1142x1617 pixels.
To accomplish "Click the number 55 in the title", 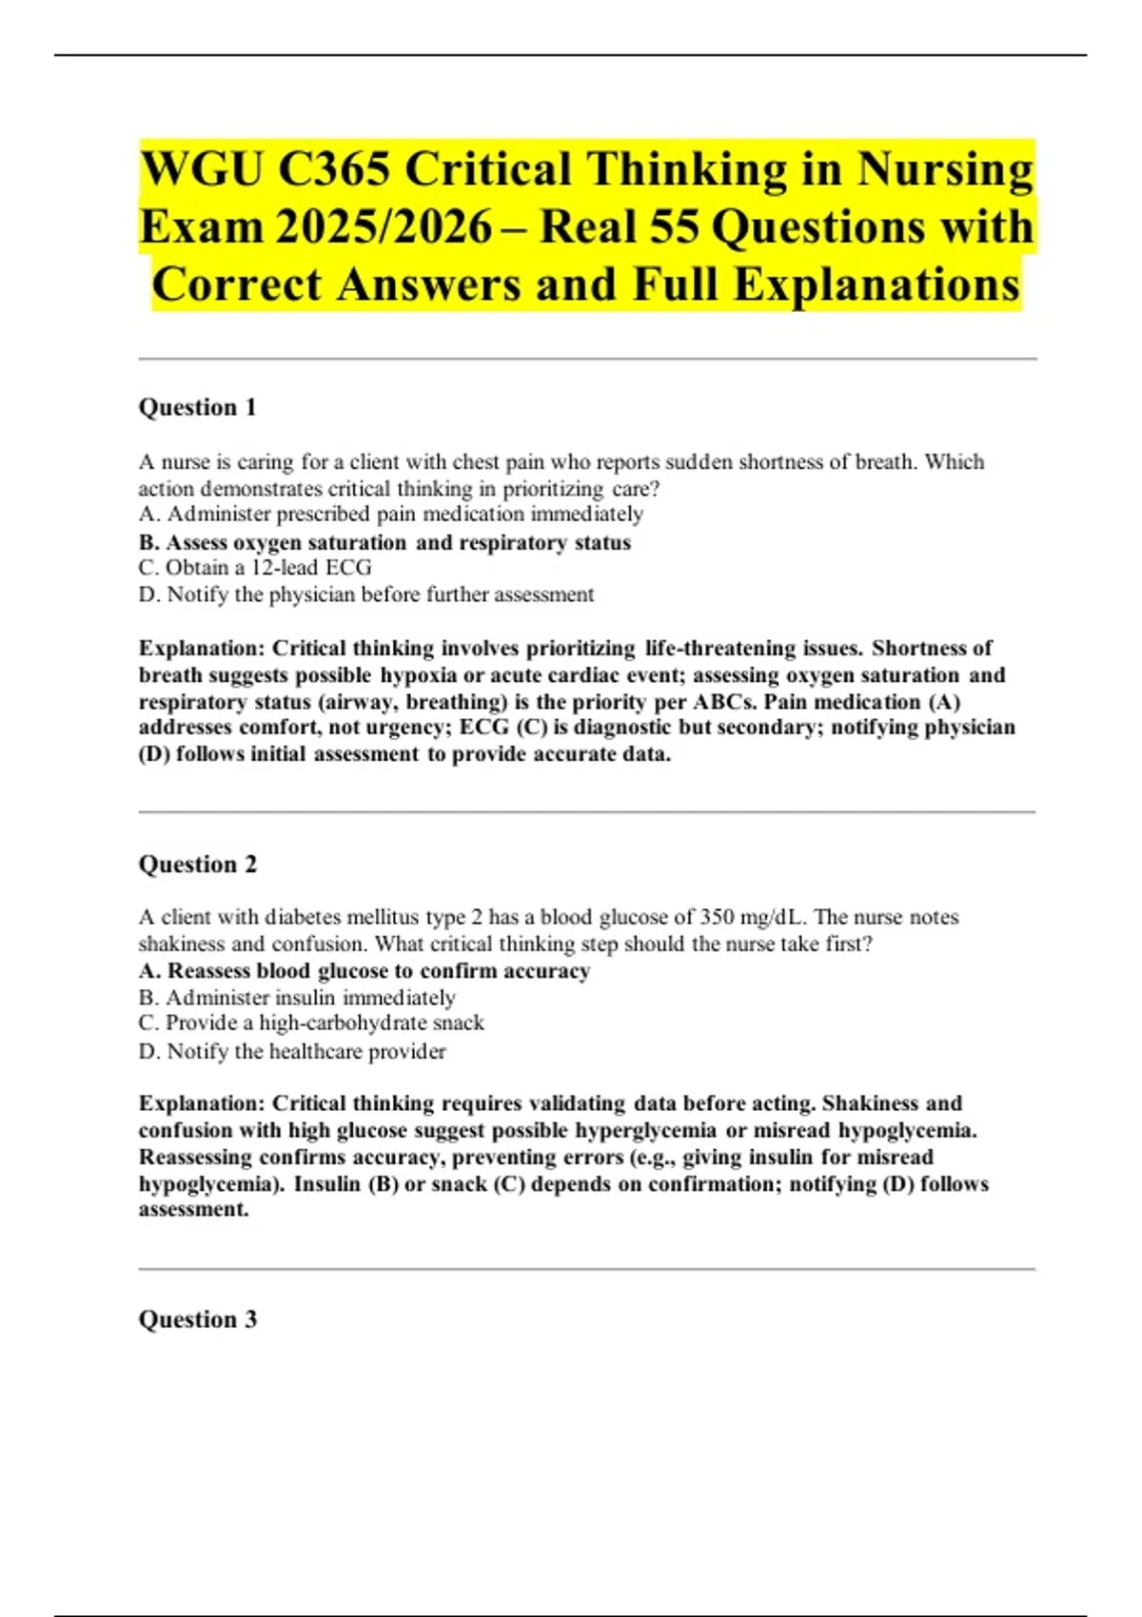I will tap(674, 228).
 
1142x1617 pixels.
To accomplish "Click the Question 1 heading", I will tap(198, 407).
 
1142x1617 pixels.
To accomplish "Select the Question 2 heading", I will tap(198, 864).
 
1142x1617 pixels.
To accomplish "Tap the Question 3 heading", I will tap(198, 1319).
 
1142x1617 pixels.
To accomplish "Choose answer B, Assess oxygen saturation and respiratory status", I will tap(384, 542).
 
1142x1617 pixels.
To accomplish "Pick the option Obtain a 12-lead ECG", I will tap(255, 568).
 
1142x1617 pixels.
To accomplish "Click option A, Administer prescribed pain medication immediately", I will tap(391, 515).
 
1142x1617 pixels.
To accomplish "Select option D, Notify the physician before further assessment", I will tap(366, 594).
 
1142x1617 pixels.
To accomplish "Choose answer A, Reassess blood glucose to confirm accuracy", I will tap(364, 971).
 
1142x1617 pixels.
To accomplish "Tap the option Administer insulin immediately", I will tap(297, 998).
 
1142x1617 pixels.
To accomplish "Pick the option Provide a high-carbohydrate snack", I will tap(311, 1023).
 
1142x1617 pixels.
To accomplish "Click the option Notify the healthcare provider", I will tap(292, 1051).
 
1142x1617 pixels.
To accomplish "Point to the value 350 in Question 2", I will tap(717, 918).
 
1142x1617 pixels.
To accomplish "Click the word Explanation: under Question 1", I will tap(202, 649).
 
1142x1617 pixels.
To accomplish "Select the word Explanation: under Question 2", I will tap(202, 1103).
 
